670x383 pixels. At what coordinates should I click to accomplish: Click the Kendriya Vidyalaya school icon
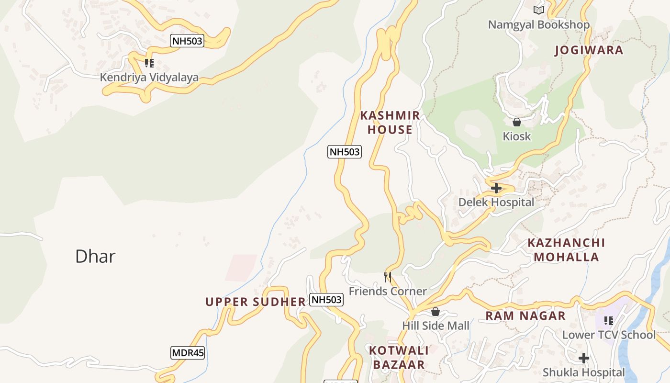(149, 63)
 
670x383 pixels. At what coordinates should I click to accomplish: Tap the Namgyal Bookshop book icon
(539, 10)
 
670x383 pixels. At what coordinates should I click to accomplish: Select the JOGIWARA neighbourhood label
(589, 50)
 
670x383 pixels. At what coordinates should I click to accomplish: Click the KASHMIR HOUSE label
(390, 123)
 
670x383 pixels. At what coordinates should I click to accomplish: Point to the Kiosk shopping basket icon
(516, 122)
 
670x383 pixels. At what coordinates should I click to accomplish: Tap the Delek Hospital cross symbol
(496, 188)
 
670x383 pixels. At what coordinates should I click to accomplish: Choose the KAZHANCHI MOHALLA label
(566, 250)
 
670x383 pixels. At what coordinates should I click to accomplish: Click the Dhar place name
(95, 257)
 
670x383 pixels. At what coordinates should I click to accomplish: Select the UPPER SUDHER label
(256, 302)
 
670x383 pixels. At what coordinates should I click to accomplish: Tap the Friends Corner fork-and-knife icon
(388, 277)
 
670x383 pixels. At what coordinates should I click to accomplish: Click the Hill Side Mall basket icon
(435, 312)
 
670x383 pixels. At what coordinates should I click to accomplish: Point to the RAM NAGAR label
(525, 316)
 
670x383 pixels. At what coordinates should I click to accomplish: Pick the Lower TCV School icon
(608, 320)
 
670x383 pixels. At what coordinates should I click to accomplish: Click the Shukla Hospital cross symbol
(583, 358)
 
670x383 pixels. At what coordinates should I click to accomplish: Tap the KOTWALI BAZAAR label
(399, 358)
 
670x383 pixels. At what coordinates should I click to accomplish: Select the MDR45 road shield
(188, 353)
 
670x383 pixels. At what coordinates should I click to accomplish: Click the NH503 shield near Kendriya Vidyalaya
(187, 41)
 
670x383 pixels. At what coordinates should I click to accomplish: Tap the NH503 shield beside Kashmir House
(345, 152)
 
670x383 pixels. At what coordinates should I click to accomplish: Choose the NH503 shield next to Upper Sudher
(326, 300)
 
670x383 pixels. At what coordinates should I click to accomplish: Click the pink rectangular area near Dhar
(241, 267)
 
